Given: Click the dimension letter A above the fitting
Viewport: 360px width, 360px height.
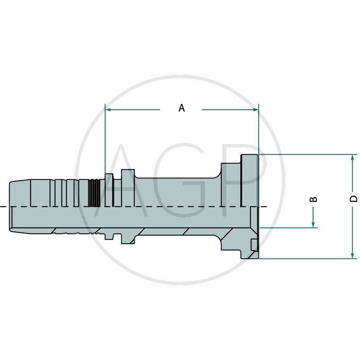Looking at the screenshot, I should pyautogui.click(x=181, y=108).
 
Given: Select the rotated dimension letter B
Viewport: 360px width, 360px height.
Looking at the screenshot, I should pyautogui.click(x=314, y=199).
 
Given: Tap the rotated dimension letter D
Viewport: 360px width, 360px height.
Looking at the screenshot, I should pyautogui.click(x=354, y=199).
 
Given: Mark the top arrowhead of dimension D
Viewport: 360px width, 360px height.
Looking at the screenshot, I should pyautogui.click(x=352, y=158).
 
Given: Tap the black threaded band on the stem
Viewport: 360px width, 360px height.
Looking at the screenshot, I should pyautogui.click(x=94, y=193).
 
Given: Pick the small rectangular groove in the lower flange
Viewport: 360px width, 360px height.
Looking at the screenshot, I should pyautogui.click(x=254, y=245).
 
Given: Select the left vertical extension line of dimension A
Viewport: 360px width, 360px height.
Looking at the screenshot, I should pyautogui.click(x=105, y=139).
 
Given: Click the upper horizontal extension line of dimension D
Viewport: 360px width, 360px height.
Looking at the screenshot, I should pyautogui.click(x=306, y=154).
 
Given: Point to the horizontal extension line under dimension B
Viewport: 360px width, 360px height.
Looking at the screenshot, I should pyautogui.click(x=288, y=228).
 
